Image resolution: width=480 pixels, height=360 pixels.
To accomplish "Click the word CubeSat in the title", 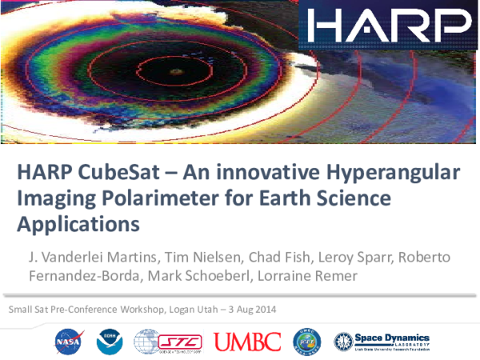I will (x=116, y=173).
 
